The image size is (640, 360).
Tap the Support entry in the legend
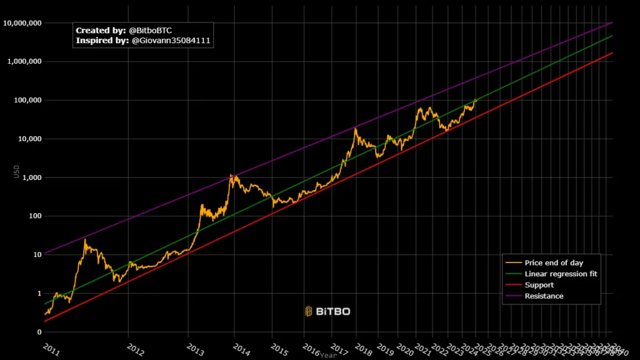(x=539, y=285)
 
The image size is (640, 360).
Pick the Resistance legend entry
(x=544, y=296)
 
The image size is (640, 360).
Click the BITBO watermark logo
(x=327, y=311)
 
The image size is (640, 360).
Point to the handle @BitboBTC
(x=150, y=30)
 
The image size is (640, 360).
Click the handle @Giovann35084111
(x=171, y=41)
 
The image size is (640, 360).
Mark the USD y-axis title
(x=17, y=171)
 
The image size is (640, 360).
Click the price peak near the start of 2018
(x=356, y=128)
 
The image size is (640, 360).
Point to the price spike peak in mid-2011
(x=85, y=239)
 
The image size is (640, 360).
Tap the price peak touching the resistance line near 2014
(x=231, y=175)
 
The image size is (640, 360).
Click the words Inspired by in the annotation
(x=102, y=41)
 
